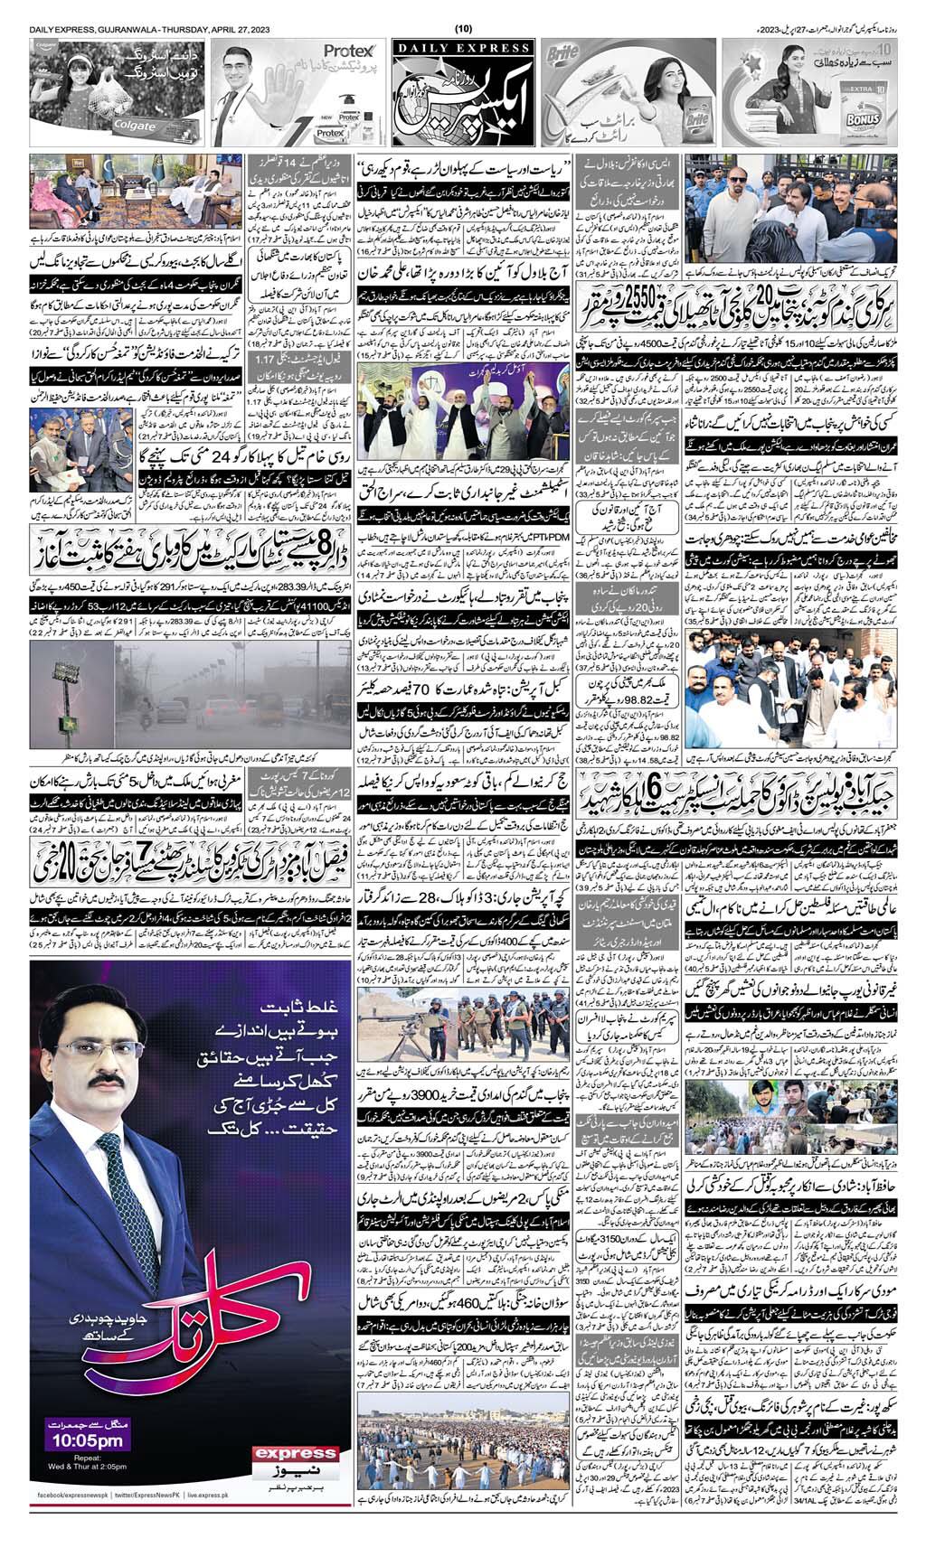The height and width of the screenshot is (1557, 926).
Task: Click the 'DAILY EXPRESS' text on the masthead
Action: point(463,48)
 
